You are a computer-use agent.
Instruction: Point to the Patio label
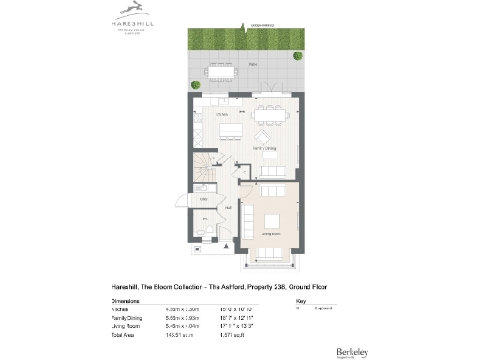[x=252, y=64]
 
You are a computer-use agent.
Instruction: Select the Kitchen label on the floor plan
[x=222, y=114]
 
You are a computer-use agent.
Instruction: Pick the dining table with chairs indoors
[x=272, y=113]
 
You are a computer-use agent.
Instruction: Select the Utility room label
[x=203, y=200]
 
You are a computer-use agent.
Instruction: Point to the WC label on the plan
[x=204, y=221]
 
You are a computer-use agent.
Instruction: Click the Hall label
[x=228, y=207]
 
